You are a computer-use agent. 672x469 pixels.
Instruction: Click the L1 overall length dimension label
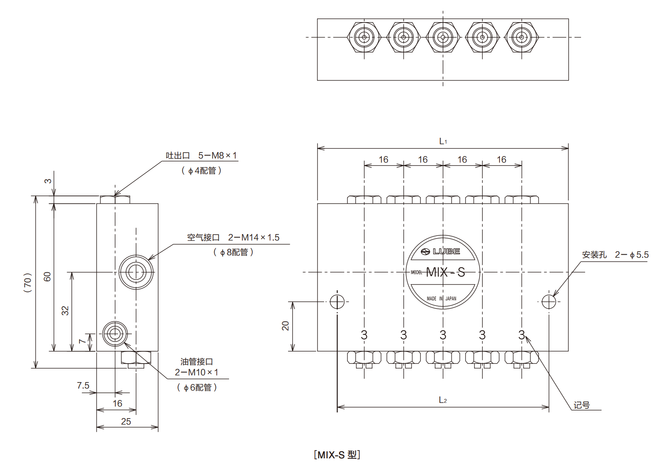(443, 141)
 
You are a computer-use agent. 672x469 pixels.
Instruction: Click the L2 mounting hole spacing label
(443, 400)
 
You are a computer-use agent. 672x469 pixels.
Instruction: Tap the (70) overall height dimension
(27, 282)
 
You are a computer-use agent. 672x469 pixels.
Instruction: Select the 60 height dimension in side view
(48, 277)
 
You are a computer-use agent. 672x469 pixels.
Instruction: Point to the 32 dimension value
(65, 311)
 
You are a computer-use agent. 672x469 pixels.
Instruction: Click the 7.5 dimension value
(83, 385)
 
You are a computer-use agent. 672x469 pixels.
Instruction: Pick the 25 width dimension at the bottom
(126, 421)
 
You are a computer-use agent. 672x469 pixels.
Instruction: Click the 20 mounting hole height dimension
(286, 326)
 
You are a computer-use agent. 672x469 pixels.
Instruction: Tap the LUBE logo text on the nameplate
(446, 251)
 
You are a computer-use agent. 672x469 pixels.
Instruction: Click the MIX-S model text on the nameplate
(445, 272)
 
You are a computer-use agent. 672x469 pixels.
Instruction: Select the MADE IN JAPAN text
(441, 298)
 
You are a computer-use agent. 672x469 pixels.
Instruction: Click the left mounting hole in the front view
(337, 302)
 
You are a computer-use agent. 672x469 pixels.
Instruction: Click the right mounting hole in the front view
(549, 302)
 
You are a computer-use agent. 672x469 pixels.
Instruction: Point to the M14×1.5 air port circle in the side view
(136, 272)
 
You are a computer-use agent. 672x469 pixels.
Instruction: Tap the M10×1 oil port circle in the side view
(115, 334)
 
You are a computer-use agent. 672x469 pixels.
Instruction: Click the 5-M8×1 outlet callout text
(218, 156)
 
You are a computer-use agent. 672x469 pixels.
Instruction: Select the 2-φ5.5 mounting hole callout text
(631, 255)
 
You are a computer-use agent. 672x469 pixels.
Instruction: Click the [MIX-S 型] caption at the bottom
(337, 455)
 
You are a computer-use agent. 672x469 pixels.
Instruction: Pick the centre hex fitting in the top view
(443, 37)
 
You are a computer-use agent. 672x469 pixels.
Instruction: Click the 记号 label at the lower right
(582, 405)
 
